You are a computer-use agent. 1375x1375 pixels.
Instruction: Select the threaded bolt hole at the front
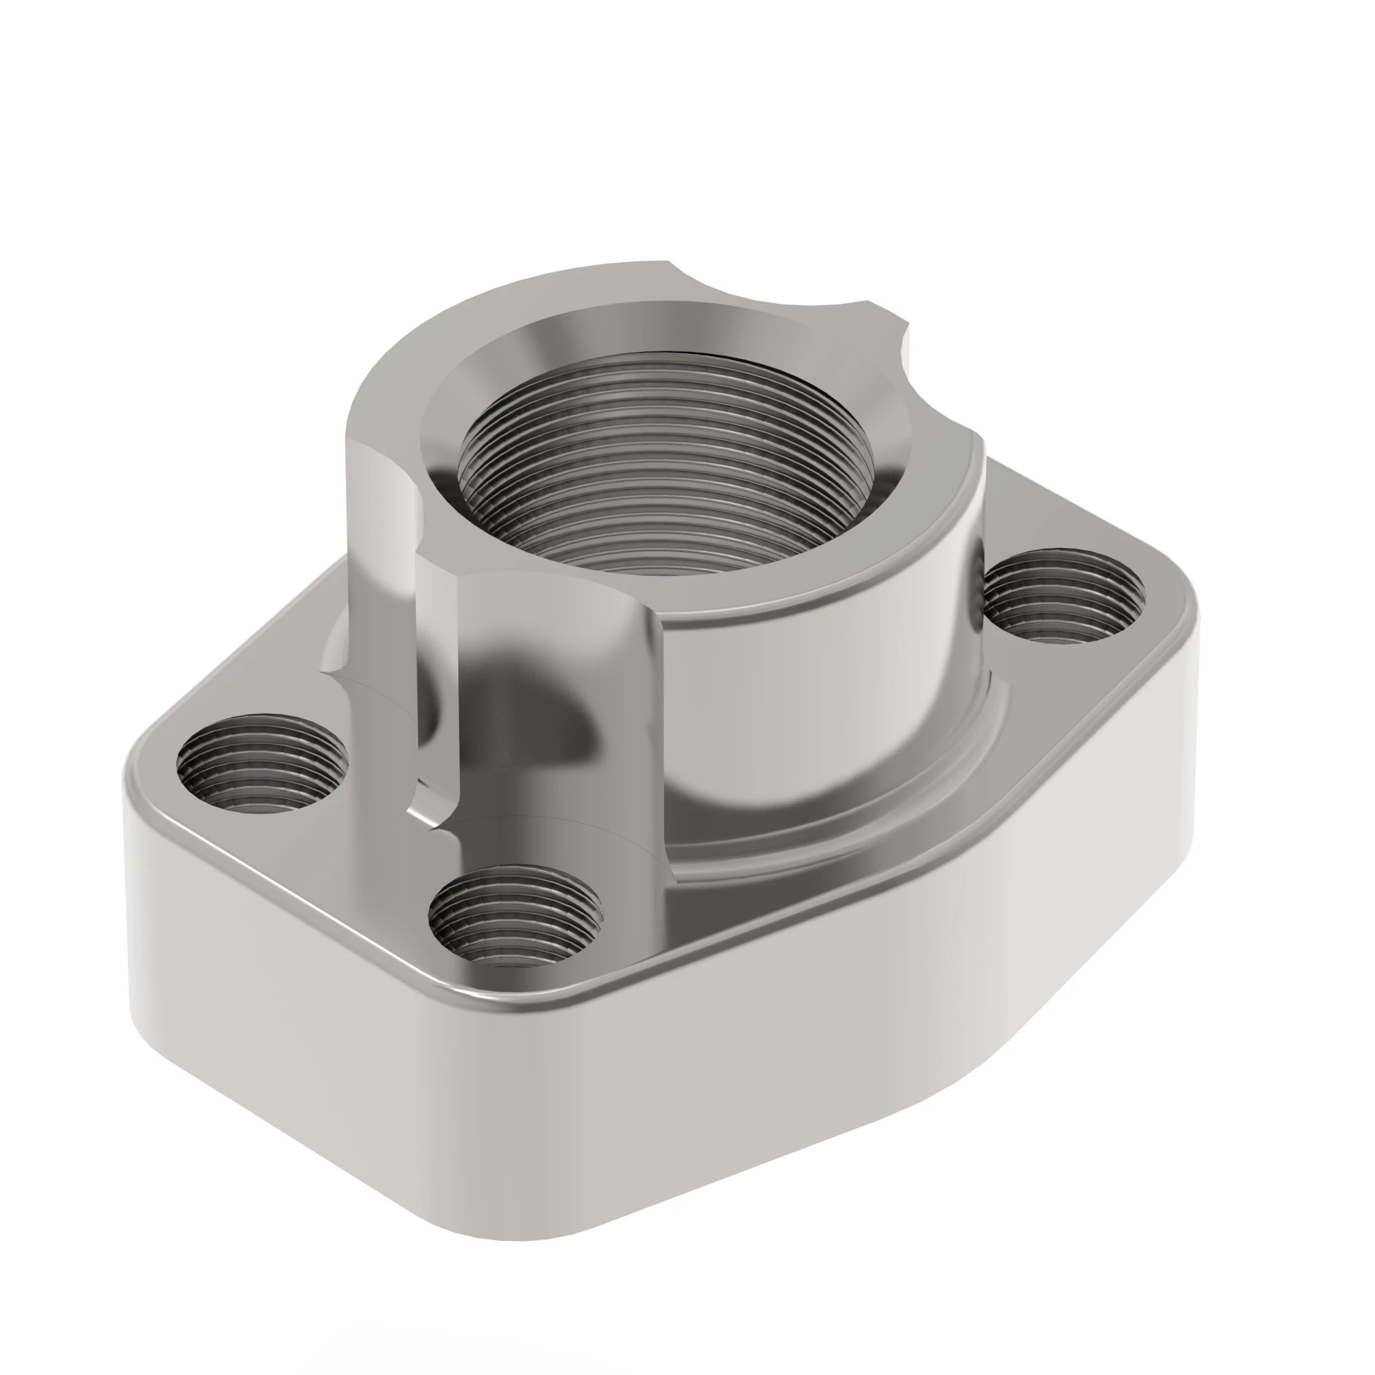click(x=516, y=918)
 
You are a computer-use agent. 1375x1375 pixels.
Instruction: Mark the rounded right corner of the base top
click(x=1167, y=605)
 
